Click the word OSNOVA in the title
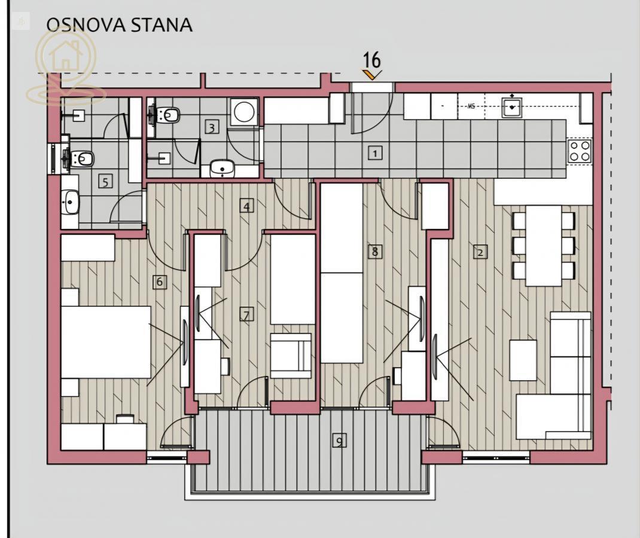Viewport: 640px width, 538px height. coord(86,25)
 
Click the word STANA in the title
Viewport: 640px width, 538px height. coord(161,25)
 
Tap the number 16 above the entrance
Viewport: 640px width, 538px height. coord(372,60)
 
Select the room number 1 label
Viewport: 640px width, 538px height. coord(374,154)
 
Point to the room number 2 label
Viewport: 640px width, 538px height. coord(480,252)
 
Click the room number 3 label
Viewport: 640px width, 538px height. coord(211,128)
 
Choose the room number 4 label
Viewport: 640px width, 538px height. coord(246,206)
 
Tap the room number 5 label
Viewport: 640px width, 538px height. coord(105,182)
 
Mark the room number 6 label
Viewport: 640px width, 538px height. coord(160,282)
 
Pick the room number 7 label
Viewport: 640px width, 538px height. coord(246,315)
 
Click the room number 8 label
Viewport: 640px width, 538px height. coord(374,251)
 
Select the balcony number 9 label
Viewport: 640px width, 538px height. coord(339,441)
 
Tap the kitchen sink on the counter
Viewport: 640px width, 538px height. coord(511,107)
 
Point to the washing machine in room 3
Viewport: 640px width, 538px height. coord(244,111)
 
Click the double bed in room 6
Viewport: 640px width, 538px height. coord(106,342)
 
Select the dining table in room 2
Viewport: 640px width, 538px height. coord(543,246)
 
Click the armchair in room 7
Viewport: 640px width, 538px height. coord(291,356)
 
